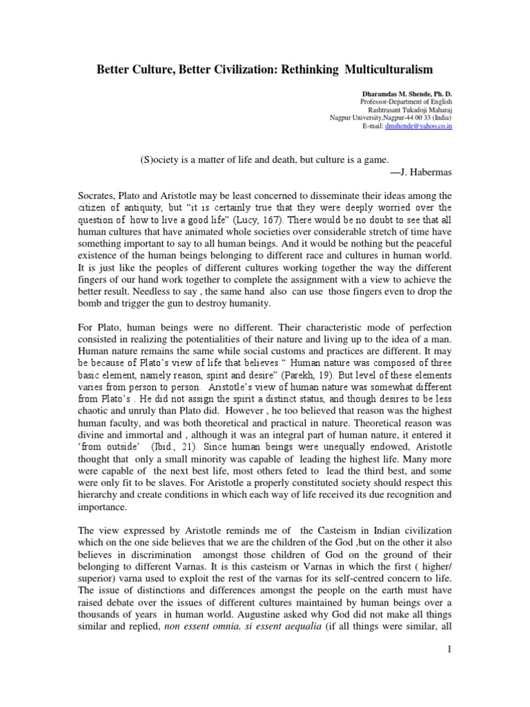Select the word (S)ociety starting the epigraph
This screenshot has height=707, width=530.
[159, 159]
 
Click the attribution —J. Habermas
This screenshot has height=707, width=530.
[420, 172]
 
